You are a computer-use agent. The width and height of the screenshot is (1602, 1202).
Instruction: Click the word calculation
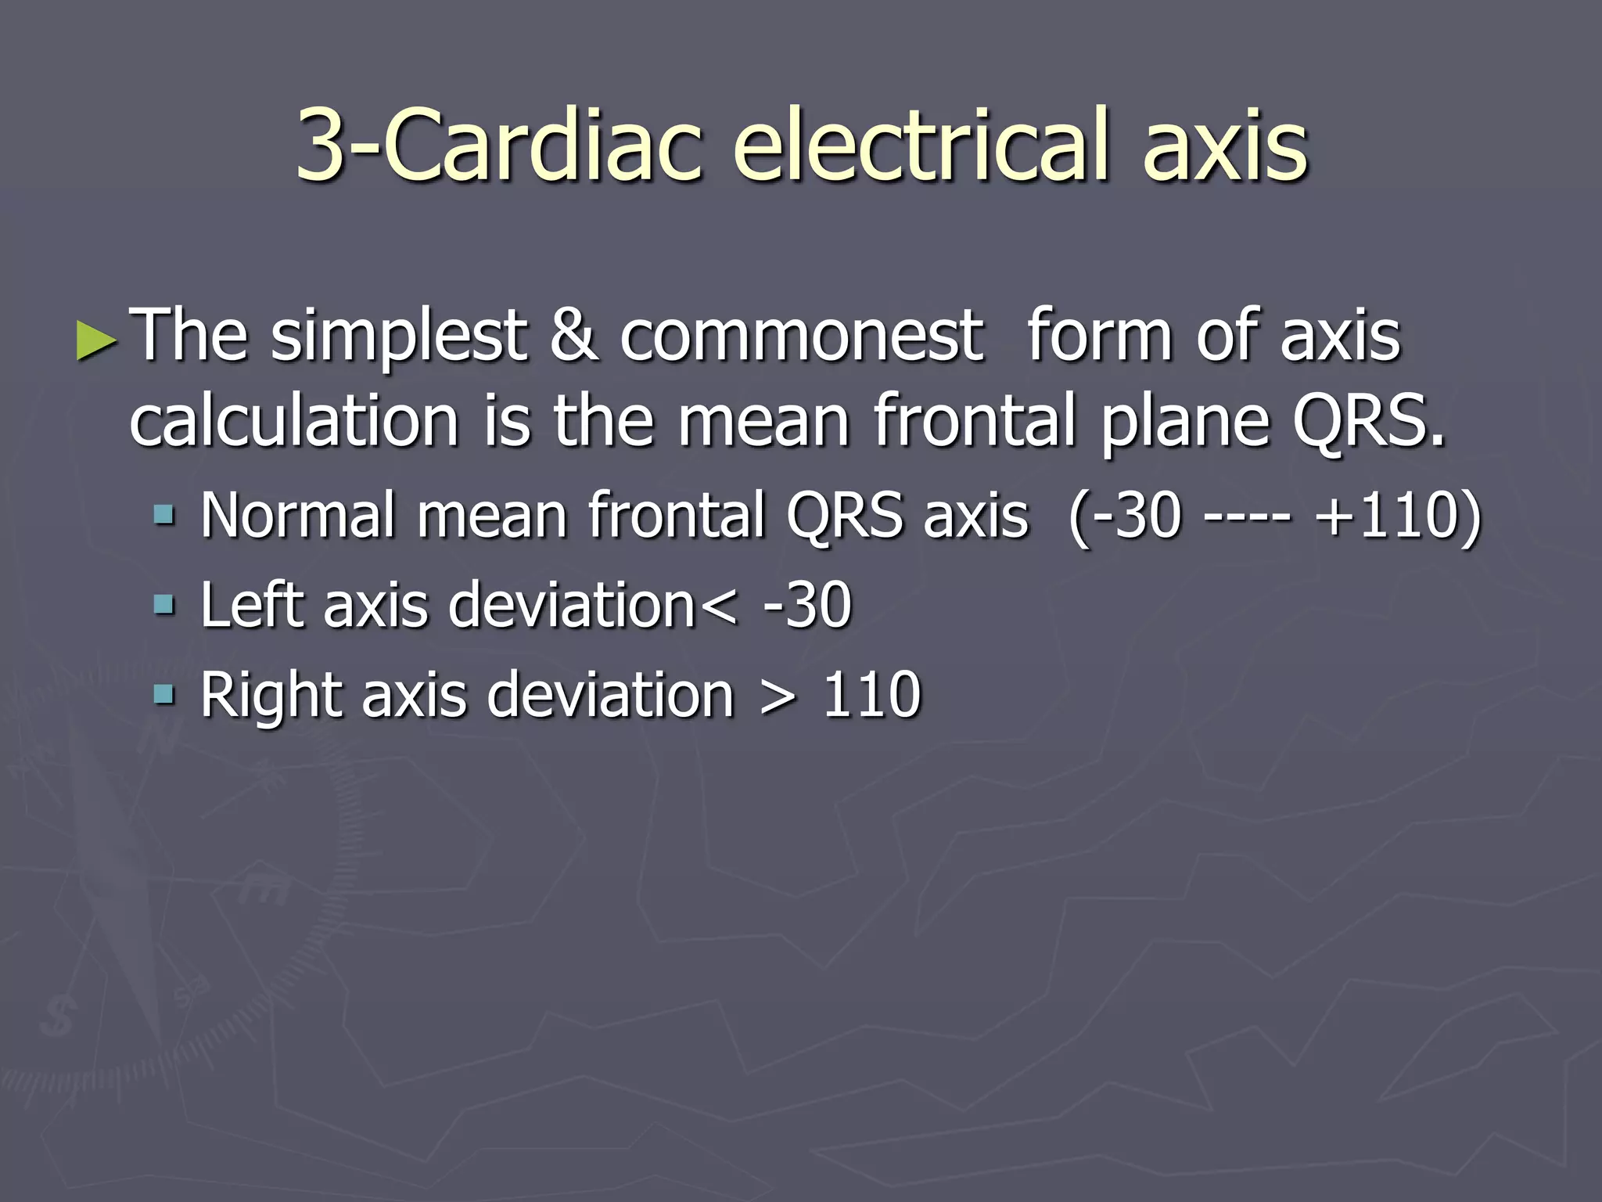tap(293, 423)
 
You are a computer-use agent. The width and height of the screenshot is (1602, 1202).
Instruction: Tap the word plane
tap(1184, 423)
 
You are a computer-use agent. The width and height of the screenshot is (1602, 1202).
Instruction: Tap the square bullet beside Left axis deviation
tap(164, 605)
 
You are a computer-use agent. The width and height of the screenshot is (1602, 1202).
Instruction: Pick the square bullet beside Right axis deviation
tap(164, 694)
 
